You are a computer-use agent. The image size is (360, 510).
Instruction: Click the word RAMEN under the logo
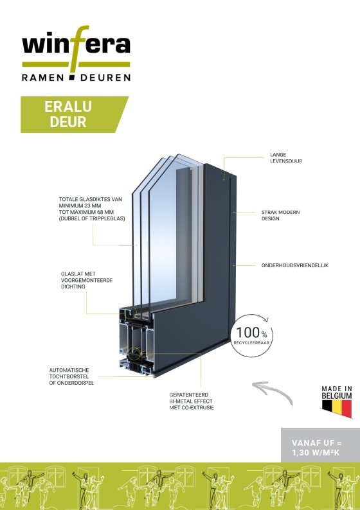(42, 78)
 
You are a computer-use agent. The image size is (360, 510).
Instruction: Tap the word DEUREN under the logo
(105, 78)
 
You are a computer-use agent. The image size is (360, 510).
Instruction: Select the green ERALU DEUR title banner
(75, 114)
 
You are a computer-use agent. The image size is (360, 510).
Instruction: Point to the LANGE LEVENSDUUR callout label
(286, 158)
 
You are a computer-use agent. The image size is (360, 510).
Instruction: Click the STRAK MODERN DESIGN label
(280, 215)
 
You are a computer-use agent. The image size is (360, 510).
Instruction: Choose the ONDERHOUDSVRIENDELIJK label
(295, 265)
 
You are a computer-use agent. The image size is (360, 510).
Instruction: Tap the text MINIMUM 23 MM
(80, 206)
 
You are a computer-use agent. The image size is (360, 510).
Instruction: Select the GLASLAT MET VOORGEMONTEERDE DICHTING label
(87, 280)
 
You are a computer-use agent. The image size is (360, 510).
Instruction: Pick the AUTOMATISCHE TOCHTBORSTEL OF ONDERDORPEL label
(71, 376)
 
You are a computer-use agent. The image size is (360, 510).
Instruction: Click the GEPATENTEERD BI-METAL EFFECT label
(192, 401)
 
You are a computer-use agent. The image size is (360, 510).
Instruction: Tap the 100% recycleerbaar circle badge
(251, 335)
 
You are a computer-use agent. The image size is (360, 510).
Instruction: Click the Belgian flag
(337, 409)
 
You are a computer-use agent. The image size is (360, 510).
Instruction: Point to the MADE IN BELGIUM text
(337, 392)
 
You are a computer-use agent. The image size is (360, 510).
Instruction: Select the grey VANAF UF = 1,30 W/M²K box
(320, 445)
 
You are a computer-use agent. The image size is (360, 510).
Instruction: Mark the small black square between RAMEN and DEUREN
(72, 78)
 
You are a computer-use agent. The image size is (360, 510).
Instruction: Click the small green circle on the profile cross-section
(134, 353)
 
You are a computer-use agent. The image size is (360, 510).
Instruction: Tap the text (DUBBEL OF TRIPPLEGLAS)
(92, 218)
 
